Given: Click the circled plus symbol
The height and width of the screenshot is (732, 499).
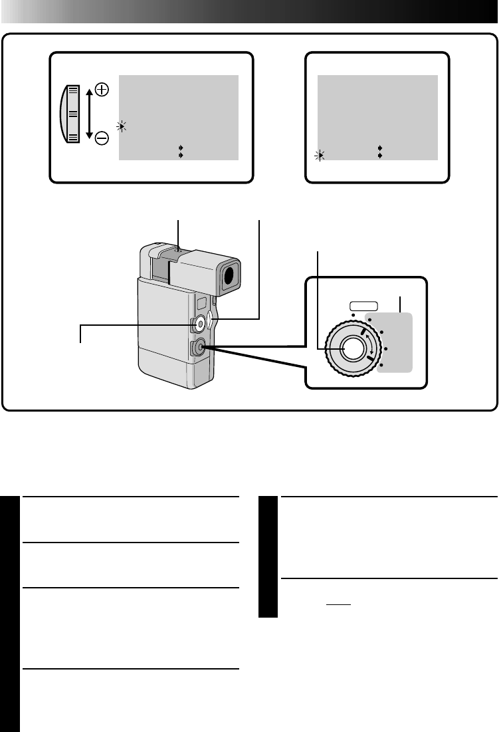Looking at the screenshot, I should [102, 88].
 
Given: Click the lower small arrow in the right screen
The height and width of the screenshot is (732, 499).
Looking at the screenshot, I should [379, 154].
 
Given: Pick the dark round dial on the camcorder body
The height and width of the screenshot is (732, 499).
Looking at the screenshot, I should [197, 348].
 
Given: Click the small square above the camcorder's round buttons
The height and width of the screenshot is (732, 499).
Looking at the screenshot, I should [199, 303].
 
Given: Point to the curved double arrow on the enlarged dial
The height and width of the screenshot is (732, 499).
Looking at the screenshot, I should [371, 346].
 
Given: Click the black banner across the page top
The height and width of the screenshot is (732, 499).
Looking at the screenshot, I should [249, 11].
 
